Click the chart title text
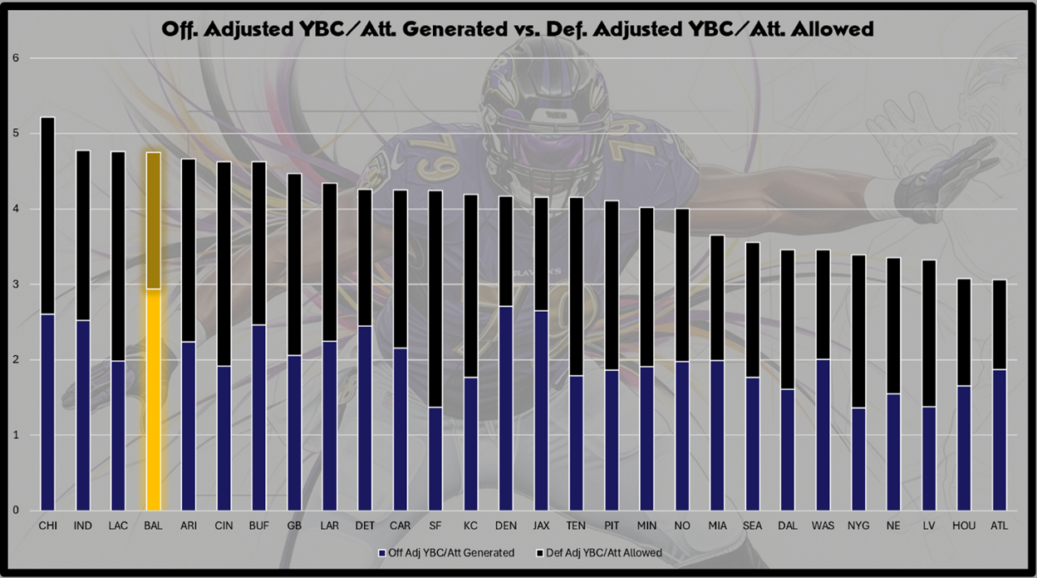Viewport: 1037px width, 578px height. pos(518,29)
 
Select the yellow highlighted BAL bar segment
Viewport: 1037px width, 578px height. pos(154,399)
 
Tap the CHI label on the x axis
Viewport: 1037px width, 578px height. pos(47,526)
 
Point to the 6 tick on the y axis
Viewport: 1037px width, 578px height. pos(15,58)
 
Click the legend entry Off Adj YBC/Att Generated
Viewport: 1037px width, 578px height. pos(450,552)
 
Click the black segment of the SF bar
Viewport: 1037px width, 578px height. pos(436,299)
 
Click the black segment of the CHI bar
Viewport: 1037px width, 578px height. pos(47,215)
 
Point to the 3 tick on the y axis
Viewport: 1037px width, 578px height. pos(15,284)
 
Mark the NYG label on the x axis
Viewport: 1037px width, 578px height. pos(858,526)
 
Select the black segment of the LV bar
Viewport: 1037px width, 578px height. pos(928,333)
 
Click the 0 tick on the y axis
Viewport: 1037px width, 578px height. pos(15,511)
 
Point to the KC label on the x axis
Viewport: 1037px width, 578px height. pos(471,526)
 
